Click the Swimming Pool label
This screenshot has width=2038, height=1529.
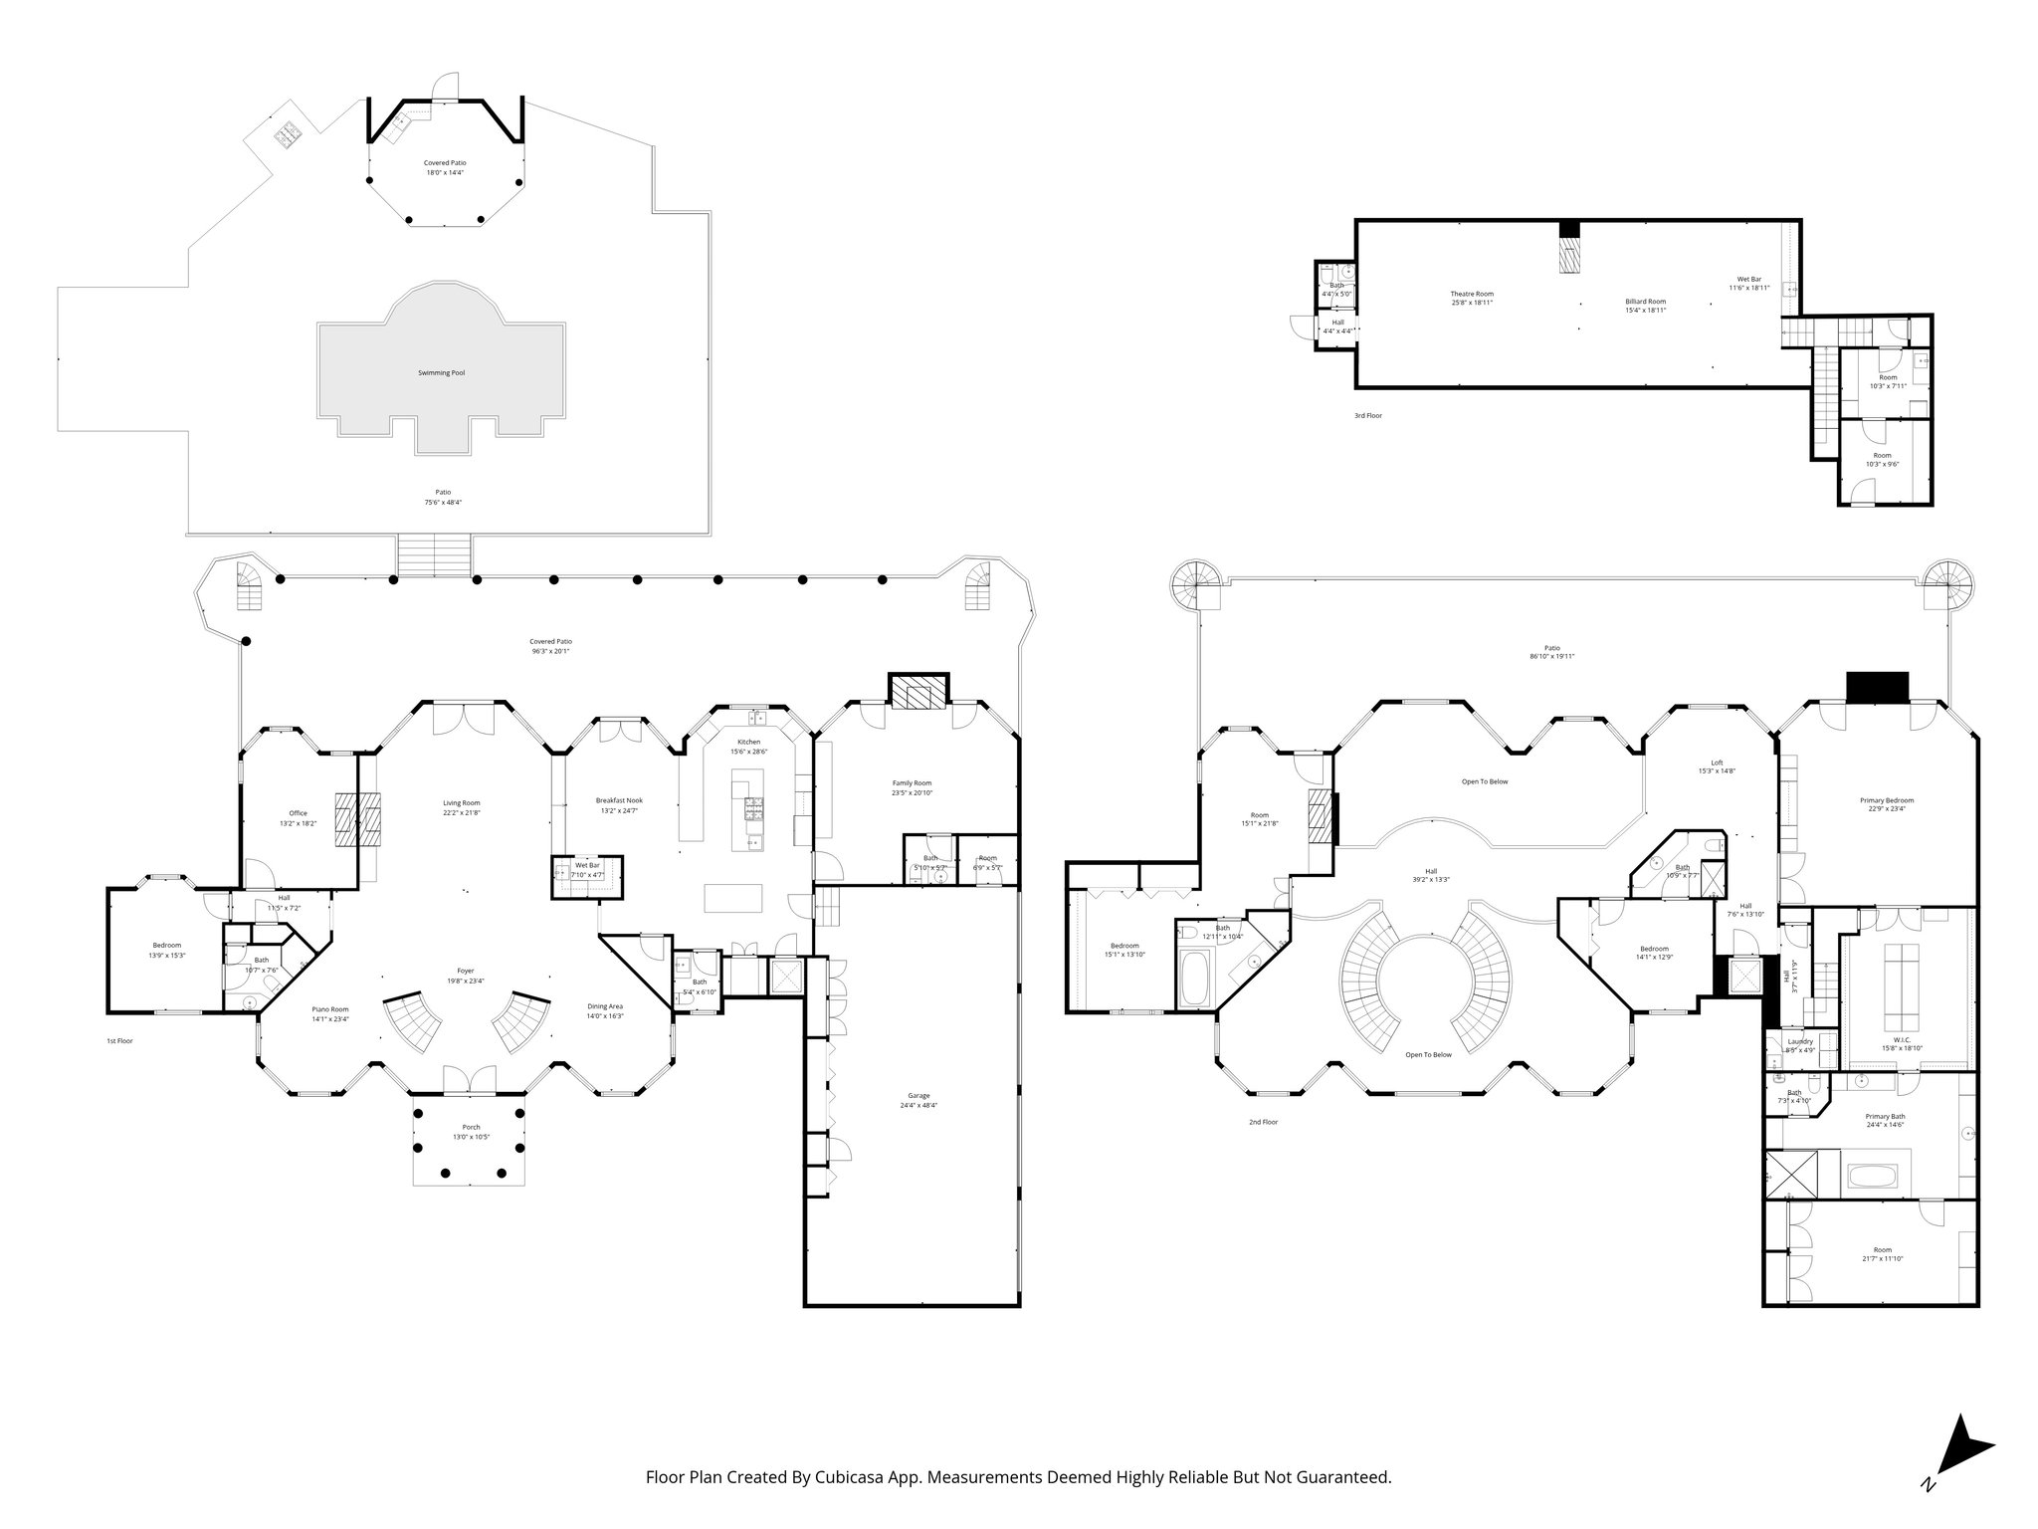tap(441, 372)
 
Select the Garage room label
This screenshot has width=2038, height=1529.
tap(917, 1095)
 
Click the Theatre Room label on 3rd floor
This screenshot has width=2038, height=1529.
tap(1471, 294)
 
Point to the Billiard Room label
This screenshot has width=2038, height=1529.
tap(1645, 301)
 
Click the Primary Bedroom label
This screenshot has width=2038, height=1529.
tap(1886, 799)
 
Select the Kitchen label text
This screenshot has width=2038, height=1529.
tap(748, 742)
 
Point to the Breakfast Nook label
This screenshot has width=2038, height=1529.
tap(619, 799)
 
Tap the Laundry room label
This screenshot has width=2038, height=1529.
tap(1799, 1041)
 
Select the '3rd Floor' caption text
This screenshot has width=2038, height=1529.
tap(1367, 415)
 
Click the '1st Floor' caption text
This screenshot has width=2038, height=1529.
tap(119, 1040)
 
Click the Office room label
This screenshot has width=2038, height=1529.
tap(298, 813)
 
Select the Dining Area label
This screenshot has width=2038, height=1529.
tap(605, 1006)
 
